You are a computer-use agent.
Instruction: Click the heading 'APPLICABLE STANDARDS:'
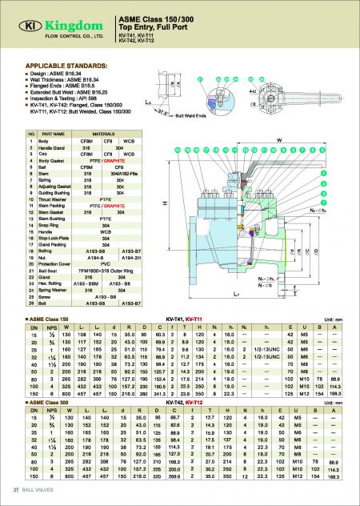click(x=61, y=62)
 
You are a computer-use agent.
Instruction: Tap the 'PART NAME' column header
click(x=53, y=133)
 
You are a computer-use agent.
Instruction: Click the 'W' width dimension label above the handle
click(x=278, y=139)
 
